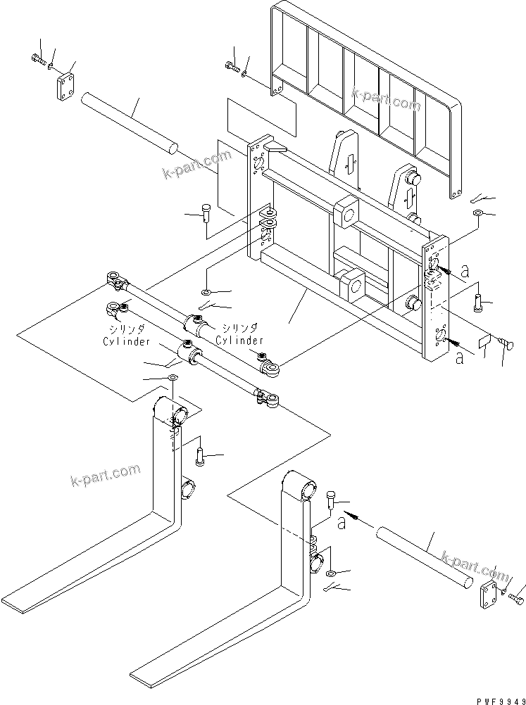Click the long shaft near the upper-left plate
129,124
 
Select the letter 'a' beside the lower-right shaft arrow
342,523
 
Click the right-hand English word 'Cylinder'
239,341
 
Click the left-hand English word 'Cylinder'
126,341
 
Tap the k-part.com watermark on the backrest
386,99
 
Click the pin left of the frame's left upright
206,212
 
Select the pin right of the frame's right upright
478,302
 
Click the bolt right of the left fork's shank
199,457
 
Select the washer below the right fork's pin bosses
331,573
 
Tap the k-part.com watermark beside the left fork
106,475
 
